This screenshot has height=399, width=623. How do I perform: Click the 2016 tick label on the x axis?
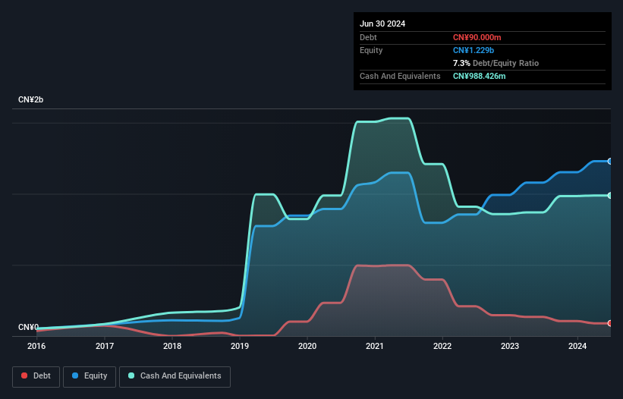pos(36,346)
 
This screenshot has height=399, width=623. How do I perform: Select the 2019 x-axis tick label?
pos(240,346)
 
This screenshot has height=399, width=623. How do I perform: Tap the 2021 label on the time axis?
pos(375,346)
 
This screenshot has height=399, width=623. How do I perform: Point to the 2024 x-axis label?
pos(577,346)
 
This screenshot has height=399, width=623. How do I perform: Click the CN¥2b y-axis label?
pos(31,100)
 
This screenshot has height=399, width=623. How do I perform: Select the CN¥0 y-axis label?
pos(29,327)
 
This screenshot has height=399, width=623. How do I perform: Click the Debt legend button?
pos(36,376)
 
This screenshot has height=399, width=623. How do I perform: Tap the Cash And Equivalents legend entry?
pos(175,376)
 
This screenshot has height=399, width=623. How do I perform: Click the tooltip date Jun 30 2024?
pos(382,24)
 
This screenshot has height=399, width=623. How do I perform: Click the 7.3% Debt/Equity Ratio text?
pos(496,63)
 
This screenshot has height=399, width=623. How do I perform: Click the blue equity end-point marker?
pos(610,161)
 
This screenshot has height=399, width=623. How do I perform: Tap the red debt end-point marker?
pos(610,323)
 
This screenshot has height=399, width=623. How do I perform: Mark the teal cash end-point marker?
pos(610,195)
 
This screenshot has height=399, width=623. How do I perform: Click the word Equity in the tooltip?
pos(371,50)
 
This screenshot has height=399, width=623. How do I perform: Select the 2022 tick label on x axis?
pos(442,346)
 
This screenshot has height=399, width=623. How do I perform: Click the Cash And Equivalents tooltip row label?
pos(400,76)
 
